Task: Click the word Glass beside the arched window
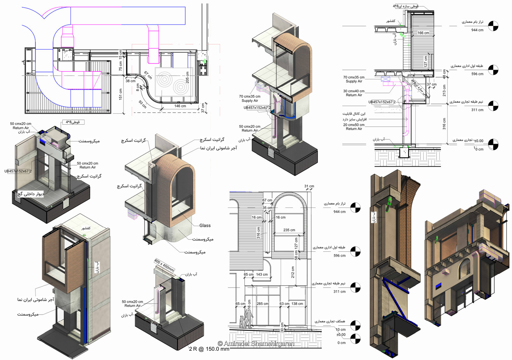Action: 205,225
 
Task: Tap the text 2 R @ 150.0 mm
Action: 209,349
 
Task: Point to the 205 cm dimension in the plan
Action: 188,78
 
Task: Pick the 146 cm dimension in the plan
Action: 180,106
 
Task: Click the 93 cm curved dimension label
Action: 143,104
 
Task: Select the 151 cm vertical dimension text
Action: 121,94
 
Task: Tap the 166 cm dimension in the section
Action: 423,33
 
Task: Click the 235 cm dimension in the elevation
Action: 289,230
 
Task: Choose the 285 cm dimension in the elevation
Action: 262,304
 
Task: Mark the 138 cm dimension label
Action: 297,304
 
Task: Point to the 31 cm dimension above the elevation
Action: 309,186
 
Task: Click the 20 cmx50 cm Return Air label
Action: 354,127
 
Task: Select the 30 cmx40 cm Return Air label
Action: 354,93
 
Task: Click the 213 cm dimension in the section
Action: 444,91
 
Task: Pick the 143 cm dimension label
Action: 262,274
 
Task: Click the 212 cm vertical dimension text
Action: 292,272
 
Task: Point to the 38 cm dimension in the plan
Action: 130,81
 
